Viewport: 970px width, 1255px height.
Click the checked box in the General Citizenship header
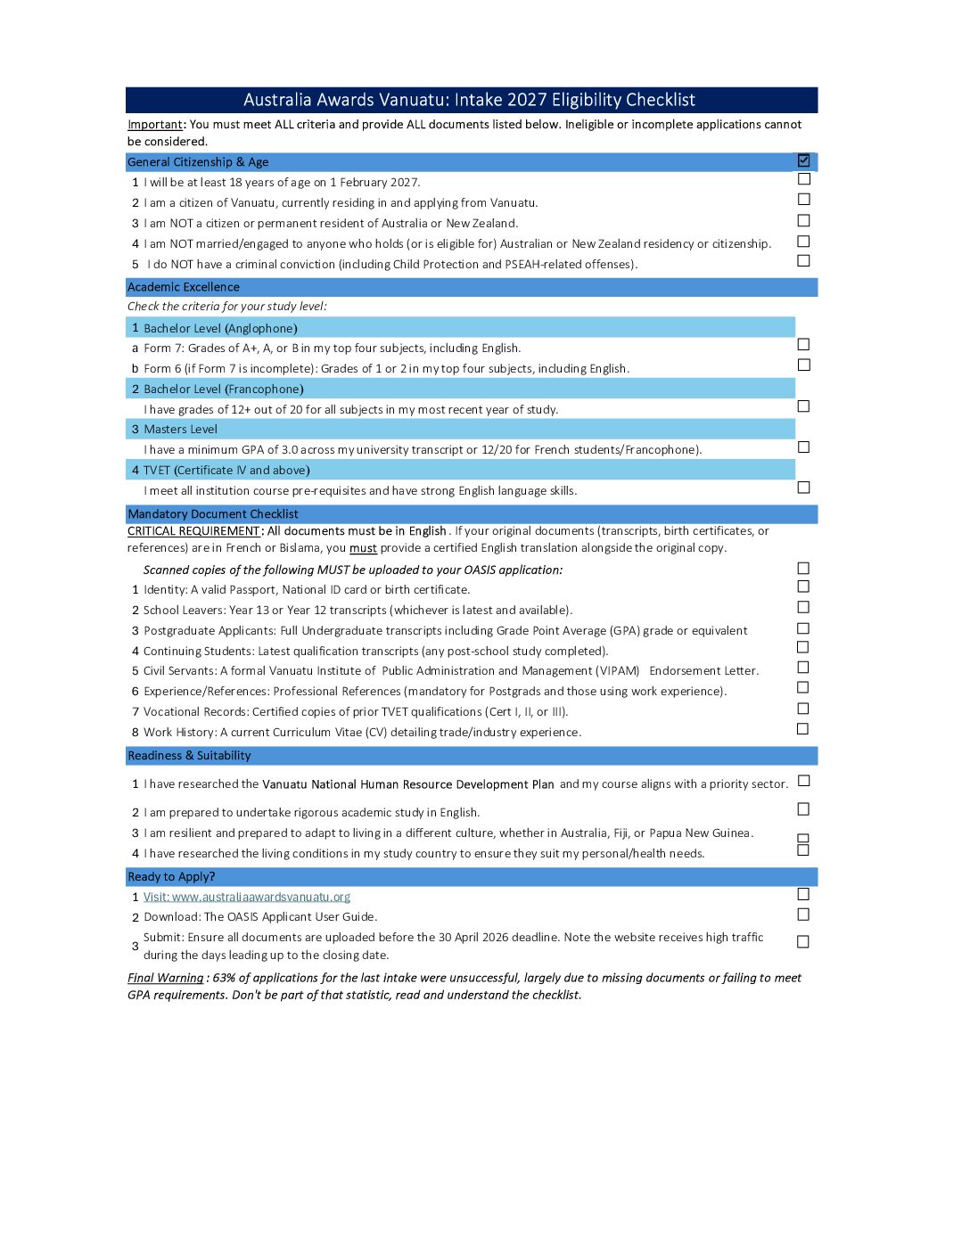804,160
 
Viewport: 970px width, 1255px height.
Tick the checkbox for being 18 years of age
804,179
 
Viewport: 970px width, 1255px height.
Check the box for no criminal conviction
804,261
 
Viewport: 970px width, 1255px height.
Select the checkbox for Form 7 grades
804,344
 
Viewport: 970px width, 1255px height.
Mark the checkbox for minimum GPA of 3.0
804,447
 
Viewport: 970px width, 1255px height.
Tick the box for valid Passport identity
804,586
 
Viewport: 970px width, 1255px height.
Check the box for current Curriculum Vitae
804,729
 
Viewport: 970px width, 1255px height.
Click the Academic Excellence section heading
184,287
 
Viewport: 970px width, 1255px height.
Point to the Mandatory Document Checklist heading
213,514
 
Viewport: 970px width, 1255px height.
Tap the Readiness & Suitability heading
189,756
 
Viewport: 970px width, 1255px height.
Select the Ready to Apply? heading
171,877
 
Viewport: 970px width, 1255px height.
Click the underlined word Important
155,125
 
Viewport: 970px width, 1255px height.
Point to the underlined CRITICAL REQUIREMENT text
193,531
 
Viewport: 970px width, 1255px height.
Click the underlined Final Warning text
166,979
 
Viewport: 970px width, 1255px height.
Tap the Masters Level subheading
181,430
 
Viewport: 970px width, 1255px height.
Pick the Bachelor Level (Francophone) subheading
224,390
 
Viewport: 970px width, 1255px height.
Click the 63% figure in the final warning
224,979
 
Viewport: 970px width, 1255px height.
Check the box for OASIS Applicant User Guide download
804,915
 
